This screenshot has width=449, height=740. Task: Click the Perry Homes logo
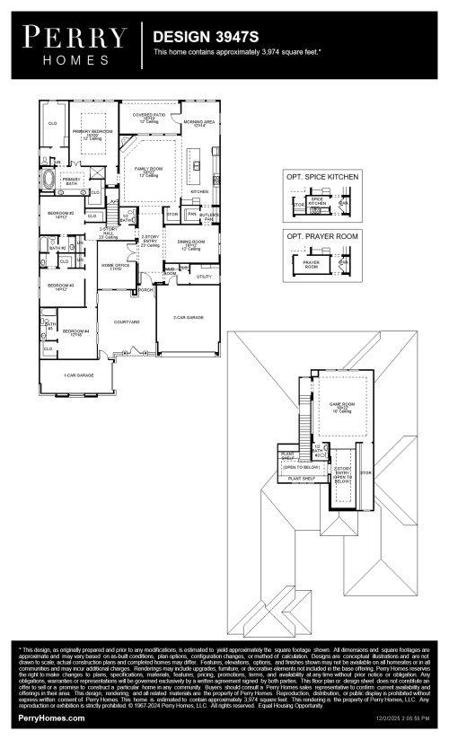[75, 44]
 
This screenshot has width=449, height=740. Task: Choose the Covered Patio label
[149, 118]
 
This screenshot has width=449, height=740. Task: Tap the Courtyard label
[127, 322]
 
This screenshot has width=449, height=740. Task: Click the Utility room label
[203, 277]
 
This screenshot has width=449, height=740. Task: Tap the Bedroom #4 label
[75, 332]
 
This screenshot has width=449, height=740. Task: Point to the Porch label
[145, 290]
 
